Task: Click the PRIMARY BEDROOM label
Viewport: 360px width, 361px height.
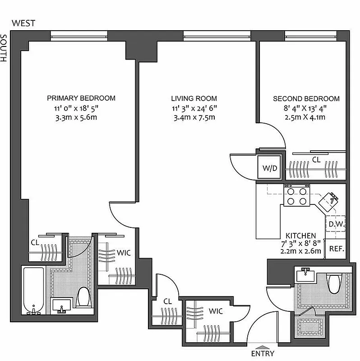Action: [x=81, y=98]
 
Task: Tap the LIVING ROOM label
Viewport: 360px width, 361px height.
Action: [x=194, y=98]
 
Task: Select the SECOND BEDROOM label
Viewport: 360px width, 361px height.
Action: [x=306, y=98]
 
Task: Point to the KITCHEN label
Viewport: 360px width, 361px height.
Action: [x=300, y=236]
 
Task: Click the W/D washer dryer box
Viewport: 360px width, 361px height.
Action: [x=270, y=168]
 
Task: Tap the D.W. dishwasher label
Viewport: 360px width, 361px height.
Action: [x=336, y=224]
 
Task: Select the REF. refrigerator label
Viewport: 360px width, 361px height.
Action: [x=336, y=249]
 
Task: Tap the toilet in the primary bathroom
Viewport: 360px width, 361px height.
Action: [x=83, y=297]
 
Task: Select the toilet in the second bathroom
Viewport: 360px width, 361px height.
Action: [x=333, y=283]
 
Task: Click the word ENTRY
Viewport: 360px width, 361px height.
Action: [x=262, y=354]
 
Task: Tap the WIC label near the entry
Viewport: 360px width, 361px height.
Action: [x=216, y=311]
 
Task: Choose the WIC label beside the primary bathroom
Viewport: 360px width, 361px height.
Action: [x=123, y=253]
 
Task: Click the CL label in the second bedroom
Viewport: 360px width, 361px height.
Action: [x=316, y=159]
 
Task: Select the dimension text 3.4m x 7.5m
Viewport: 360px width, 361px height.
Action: [x=194, y=118]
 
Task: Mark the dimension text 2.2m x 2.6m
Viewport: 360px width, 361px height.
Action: [x=300, y=251]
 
